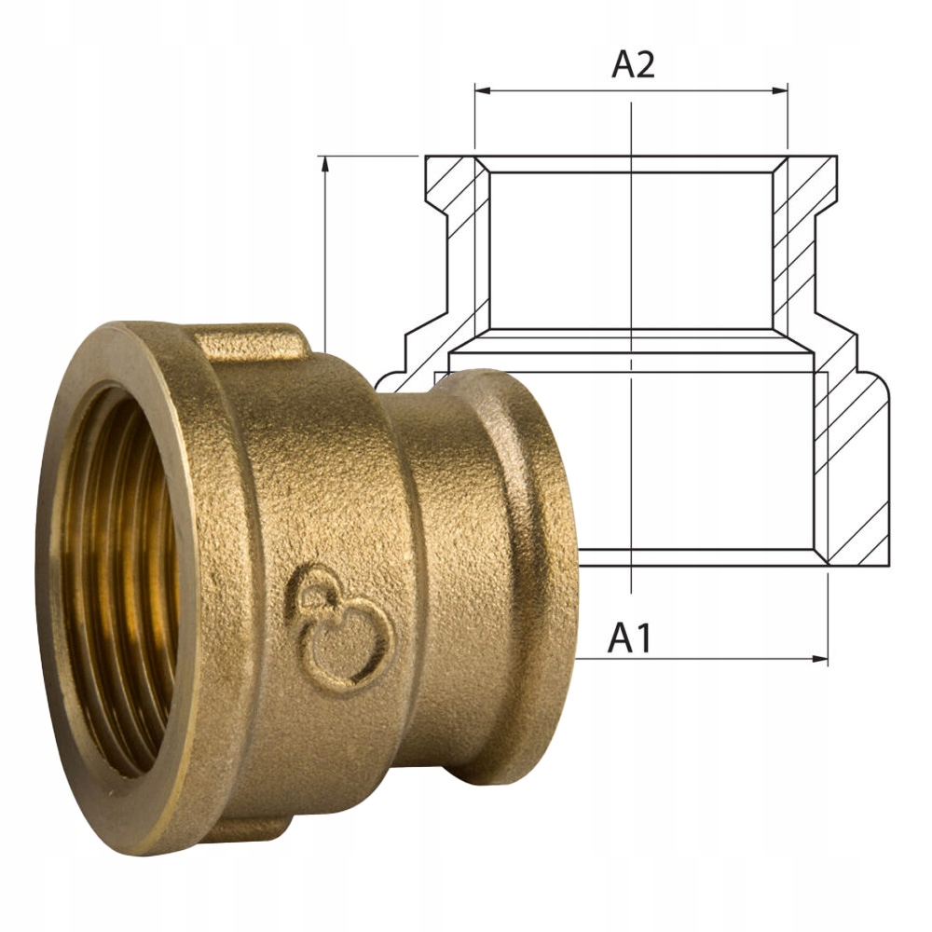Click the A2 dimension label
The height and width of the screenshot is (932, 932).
pyautogui.click(x=633, y=65)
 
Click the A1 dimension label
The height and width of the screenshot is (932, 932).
pyautogui.click(x=629, y=638)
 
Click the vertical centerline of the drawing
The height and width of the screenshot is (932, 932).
pyautogui.click(x=632, y=280)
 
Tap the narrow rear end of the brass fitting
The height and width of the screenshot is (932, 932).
pyautogui.click(x=522, y=559)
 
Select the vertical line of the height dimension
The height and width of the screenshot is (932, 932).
pyautogui.click(x=325, y=261)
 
